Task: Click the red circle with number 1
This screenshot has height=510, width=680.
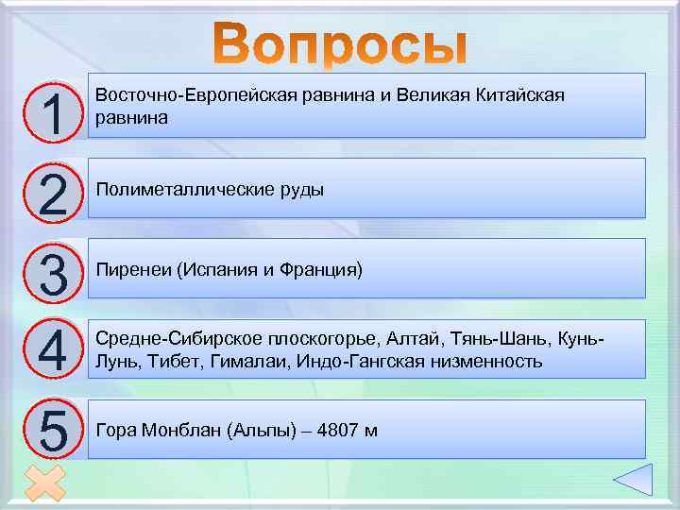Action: click(x=51, y=112)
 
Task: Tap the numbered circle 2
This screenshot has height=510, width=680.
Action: click(x=51, y=192)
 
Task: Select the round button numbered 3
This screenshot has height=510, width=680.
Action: click(x=51, y=271)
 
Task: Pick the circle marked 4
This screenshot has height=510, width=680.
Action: click(x=51, y=350)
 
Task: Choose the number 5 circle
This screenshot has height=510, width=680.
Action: click(x=51, y=430)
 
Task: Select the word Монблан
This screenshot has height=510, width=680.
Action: click(x=178, y=431)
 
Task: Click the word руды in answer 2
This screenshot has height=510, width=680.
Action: click(x=301, y=190)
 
